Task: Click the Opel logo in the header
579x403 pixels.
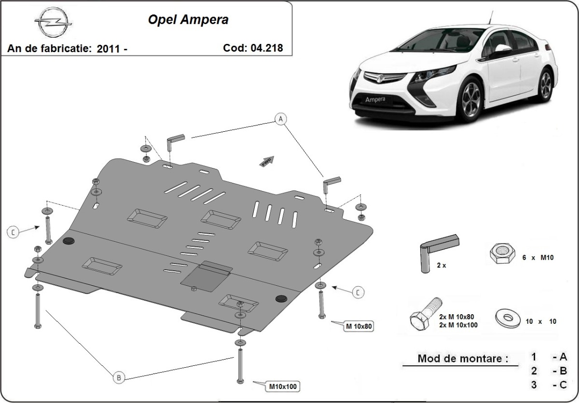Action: (x=53, y=22)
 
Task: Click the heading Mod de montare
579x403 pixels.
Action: (x=463, y=359)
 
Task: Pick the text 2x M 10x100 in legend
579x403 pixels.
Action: (x=458, y=325)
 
